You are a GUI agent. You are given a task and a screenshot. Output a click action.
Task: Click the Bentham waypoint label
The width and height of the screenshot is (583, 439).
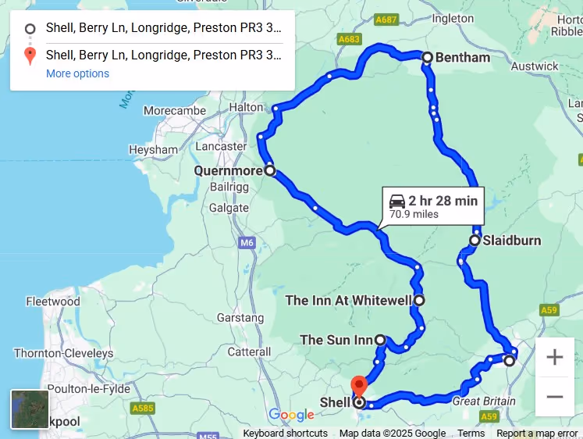click(462, 57)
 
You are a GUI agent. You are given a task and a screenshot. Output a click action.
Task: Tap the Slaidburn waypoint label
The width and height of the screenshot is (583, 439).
click(511, 240)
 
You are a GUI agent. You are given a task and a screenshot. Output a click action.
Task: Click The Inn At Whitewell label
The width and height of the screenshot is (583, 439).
click(348, 300)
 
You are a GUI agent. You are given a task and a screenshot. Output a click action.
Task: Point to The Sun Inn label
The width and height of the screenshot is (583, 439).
click(336, 340)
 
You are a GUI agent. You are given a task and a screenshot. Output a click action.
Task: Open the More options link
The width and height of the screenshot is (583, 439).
click(77, 73)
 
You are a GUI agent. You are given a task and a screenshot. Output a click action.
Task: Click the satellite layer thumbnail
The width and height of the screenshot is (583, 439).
click(30, 409)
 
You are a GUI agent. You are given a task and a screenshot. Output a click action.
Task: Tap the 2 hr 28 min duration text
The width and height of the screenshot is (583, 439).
click(443, 201)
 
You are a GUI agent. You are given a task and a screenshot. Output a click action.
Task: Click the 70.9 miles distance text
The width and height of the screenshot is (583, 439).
click(414, 214)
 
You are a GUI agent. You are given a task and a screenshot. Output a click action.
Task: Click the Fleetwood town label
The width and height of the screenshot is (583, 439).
click(53, 302)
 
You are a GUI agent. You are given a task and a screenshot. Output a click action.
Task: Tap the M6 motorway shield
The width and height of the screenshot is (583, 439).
click(247, 244)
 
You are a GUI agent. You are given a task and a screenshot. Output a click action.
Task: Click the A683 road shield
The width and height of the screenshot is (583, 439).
click(349, 38)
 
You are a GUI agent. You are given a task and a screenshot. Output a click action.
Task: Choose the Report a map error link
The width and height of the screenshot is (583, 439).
click(537, 434)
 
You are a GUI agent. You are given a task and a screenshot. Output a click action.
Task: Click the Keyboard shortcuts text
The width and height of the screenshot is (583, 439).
click(285, 434)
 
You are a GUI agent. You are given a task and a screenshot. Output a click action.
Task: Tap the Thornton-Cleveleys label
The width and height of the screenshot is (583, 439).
click(64, 353)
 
